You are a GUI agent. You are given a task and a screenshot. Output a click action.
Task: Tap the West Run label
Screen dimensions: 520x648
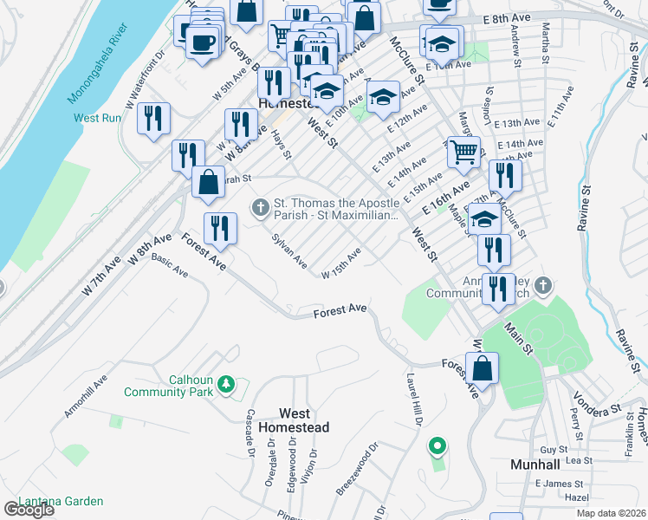pyautogui.click(x=97, y=118)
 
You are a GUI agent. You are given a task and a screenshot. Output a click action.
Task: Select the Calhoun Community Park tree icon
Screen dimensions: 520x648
pyautogui.click(x=226, y=382)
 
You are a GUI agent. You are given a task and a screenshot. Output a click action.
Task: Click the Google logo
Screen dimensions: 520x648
pyautogui.click(x=29, y=510)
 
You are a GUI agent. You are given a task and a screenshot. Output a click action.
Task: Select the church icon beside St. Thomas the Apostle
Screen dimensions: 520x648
pyautogui.click(x=259, y=206)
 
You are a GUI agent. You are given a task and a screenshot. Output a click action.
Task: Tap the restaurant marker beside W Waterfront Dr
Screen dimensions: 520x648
pyautogui.click(x=154, y=118)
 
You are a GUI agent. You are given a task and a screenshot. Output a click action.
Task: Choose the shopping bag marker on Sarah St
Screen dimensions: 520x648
pyautogui.click(x=208, y=181)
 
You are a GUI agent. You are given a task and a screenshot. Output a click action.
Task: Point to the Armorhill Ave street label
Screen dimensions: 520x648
pyautogui.click(x=85, y=396)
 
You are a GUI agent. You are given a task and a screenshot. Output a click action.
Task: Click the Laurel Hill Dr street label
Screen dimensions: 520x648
pyautogui.click(x=413, y=400)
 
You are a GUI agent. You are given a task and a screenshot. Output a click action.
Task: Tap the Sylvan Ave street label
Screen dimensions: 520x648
pyautogui.click(x=289, y=250)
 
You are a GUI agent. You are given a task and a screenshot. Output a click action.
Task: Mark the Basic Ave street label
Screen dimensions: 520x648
pyautogui.click(x=170, y=263)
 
